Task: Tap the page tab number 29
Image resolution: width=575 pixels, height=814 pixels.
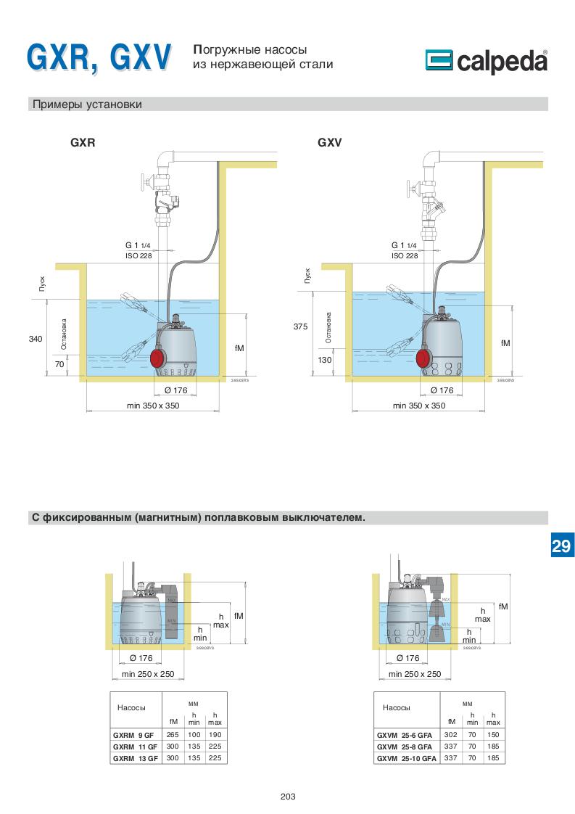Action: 560,546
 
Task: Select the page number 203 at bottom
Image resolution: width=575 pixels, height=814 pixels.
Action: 288,796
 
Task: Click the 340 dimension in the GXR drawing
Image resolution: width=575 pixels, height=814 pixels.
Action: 36,339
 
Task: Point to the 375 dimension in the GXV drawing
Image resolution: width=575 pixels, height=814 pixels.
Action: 301,327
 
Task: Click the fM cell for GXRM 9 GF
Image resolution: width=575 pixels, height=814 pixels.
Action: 173,734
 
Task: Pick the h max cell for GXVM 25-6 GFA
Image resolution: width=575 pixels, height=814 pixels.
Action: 493,734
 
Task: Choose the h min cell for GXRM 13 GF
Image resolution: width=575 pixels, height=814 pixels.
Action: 194,758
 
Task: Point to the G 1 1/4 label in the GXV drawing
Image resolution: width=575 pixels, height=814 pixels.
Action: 405,245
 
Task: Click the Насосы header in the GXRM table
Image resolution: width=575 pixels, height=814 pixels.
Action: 131,707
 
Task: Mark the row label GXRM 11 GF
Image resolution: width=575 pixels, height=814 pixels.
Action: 136,746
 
